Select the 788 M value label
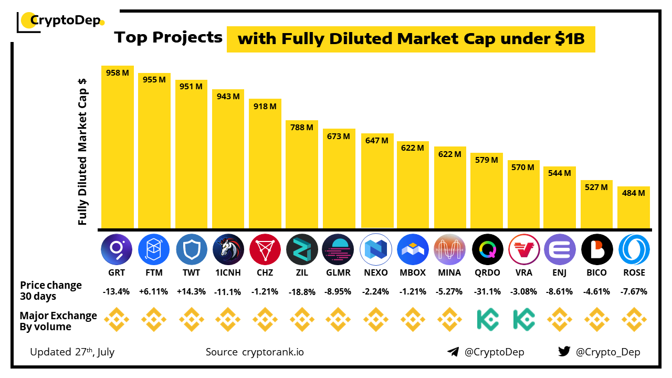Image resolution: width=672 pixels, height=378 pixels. tap(302, 127)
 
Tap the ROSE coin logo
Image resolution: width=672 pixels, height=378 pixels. tap(634, 249)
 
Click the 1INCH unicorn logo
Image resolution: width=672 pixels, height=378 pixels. tap(228, 249)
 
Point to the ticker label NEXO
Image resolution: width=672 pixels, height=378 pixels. tap(376, 272)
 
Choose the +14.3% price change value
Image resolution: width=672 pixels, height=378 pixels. tap(191, 291)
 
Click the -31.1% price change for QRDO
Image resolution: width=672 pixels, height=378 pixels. tap(487, 291)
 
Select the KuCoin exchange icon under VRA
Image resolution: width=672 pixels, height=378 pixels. tap(523, 319)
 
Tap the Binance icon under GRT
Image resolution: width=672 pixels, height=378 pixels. tap(117, 319)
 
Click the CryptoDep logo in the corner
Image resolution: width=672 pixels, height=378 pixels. tap(60, 21)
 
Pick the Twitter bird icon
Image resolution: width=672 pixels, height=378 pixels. tap(564, 351)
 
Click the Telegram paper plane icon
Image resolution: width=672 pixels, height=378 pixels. tap(453, 352)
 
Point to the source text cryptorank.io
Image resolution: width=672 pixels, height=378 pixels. tap(272, 352)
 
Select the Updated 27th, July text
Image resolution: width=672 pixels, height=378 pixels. tap(72, 352)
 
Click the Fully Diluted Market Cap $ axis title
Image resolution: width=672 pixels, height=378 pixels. tap(82, 152)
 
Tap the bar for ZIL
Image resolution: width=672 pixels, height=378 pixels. tap(302, 178)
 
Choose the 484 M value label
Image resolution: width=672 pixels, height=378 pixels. tap(634, 193)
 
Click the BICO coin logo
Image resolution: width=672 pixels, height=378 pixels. tap(597, 249)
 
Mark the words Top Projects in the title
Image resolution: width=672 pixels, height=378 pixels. tap(169, 38)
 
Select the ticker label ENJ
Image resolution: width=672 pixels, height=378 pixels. tap(560, 272)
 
